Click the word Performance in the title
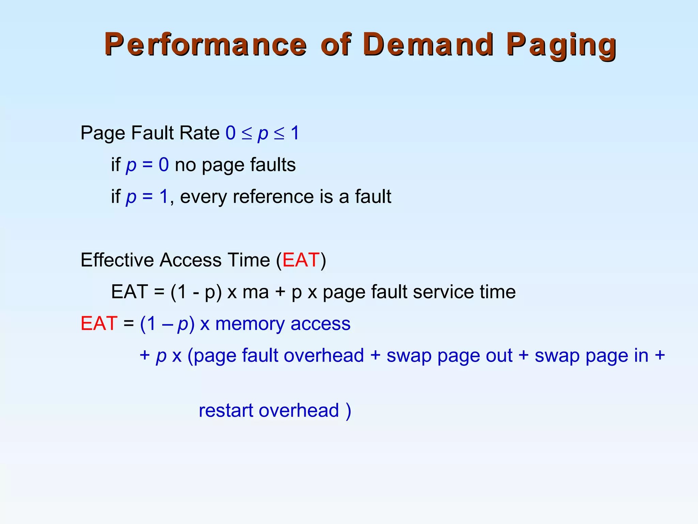[x=206, y=45]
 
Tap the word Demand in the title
[x=428, y=45]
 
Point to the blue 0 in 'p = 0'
[x=164, y=165]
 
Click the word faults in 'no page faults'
[x=273, y=165]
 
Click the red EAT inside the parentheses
[x=301, y=260]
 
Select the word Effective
[x=117, y=260]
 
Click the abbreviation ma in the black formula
[x=256, y=292]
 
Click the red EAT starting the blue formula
[x=99, y=324]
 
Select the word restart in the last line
[x=226, y=410]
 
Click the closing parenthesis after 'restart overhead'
[x=348, y=410]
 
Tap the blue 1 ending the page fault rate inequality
[x=295, y=133]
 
